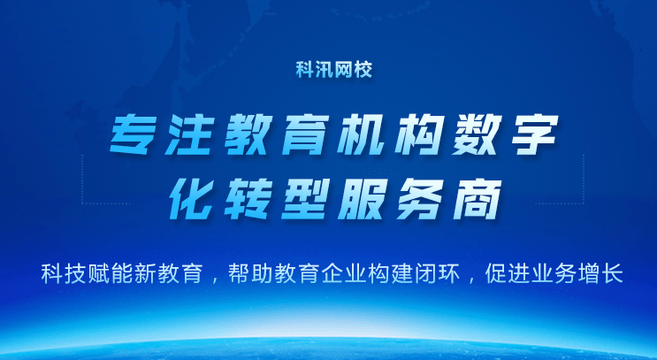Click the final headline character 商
click(469, 197)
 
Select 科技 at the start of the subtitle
click(60, 274)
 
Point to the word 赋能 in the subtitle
click(102, 274)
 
